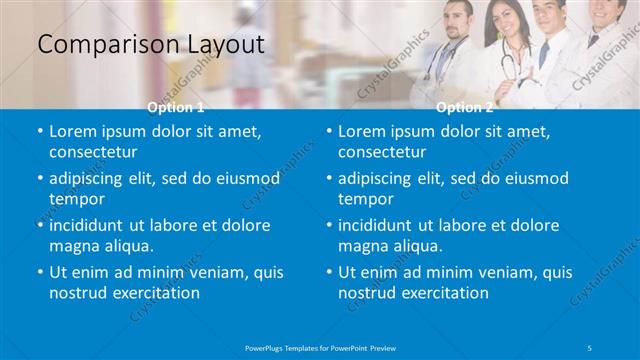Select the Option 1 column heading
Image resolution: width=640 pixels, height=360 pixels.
click(x=176, y=106)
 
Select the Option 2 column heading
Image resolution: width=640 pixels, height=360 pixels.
click(x=465, y=106)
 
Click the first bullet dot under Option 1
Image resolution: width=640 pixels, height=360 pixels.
click(x=40, y=132)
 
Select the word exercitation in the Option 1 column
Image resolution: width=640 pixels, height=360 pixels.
click(x=150, y=293)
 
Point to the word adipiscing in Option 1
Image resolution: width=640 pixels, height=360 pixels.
click(x=89, y=178)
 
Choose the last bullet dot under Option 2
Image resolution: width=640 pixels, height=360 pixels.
click(x=329, y=272)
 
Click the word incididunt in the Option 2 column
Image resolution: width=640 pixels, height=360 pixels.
click(x=379, y=225)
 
